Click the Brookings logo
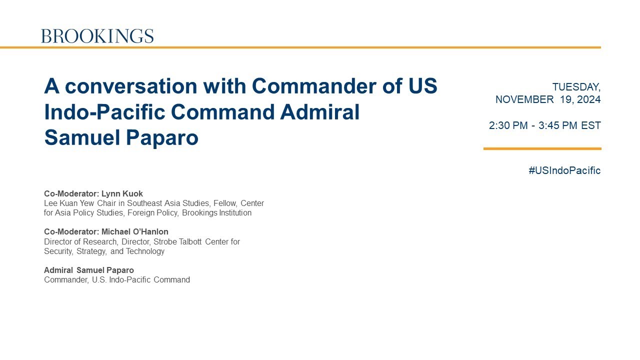tap(97, 36)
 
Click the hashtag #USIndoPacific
tap(564, 170)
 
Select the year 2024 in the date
tap(588, 99)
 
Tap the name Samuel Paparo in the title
tap(121, 137)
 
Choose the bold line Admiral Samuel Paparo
tap(89, 270)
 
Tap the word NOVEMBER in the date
tap(524, 99)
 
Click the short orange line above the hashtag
tap(542, 148)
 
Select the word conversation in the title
tap(131, 86)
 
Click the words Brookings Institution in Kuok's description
tap(216, 213)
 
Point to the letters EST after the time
tap(591, 125)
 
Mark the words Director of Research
tap(81, 242)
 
